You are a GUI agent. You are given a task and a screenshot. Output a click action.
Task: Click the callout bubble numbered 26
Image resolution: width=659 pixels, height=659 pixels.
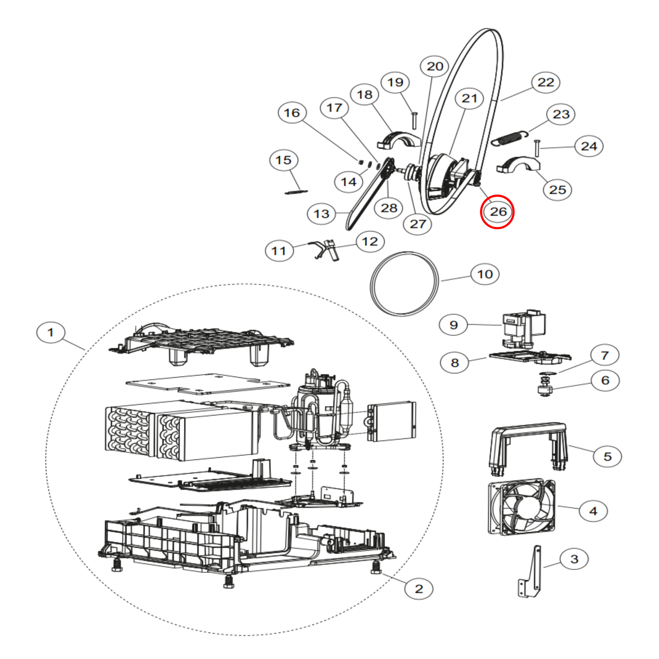coord(497,212)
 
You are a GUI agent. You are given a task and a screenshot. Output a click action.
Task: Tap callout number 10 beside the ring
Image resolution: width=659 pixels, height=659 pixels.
coord(485,274)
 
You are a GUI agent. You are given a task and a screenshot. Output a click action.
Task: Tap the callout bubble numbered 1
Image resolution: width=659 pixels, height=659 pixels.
coord(50,332)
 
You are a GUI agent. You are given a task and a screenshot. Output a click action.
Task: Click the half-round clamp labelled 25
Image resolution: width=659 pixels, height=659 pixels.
coord(518,165)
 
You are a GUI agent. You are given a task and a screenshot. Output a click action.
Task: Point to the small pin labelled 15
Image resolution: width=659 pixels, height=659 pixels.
coord(296,192)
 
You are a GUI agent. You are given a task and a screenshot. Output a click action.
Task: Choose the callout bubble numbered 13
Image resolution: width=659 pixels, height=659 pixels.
coord(321,214)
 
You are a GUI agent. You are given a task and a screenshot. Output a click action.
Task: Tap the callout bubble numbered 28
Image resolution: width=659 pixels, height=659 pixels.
coord(389,208)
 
